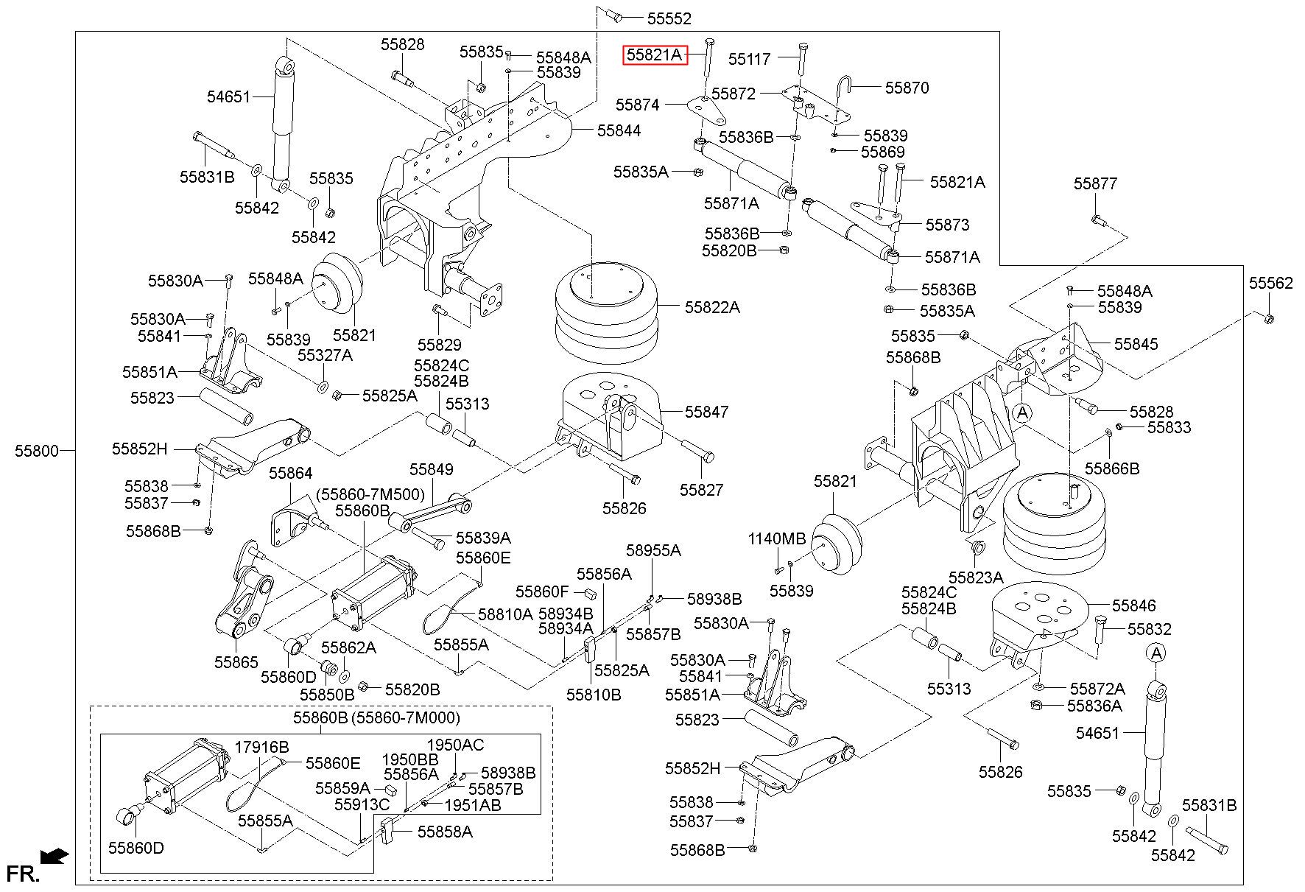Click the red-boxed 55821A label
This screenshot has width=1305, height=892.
point(655,55)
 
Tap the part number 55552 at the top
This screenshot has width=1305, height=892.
point(669,18)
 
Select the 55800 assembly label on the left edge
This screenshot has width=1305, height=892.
point(37,451)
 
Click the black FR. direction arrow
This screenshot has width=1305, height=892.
point(54,856)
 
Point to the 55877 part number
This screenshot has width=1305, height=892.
point(1095,183)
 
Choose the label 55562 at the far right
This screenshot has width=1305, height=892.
point(1270,283)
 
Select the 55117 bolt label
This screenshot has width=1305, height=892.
point(750,58)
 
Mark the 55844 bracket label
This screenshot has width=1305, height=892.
point(619,130)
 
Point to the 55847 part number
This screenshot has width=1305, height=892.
point(706,412)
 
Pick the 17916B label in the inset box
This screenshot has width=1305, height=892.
point(261,747)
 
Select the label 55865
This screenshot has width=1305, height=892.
point(236,662)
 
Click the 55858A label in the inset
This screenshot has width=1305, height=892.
point(445,832)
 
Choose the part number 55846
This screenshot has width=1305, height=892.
point(1134,605)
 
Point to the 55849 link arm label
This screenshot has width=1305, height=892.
point(432,470)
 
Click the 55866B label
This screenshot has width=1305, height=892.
point(1112,468)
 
